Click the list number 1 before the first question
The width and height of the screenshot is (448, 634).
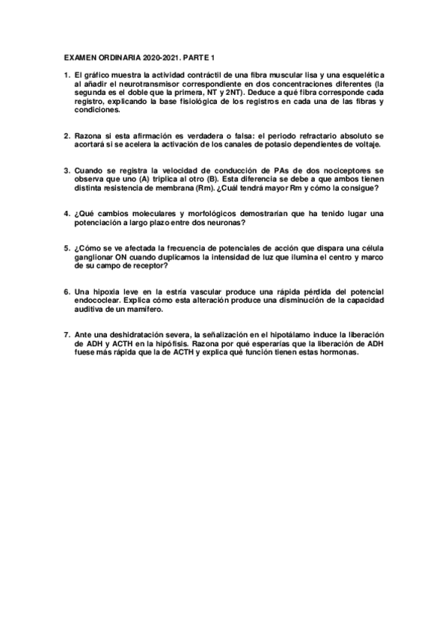[67, 76]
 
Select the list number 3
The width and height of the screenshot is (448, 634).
[67, 171]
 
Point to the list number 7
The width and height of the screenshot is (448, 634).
[67, 336]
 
